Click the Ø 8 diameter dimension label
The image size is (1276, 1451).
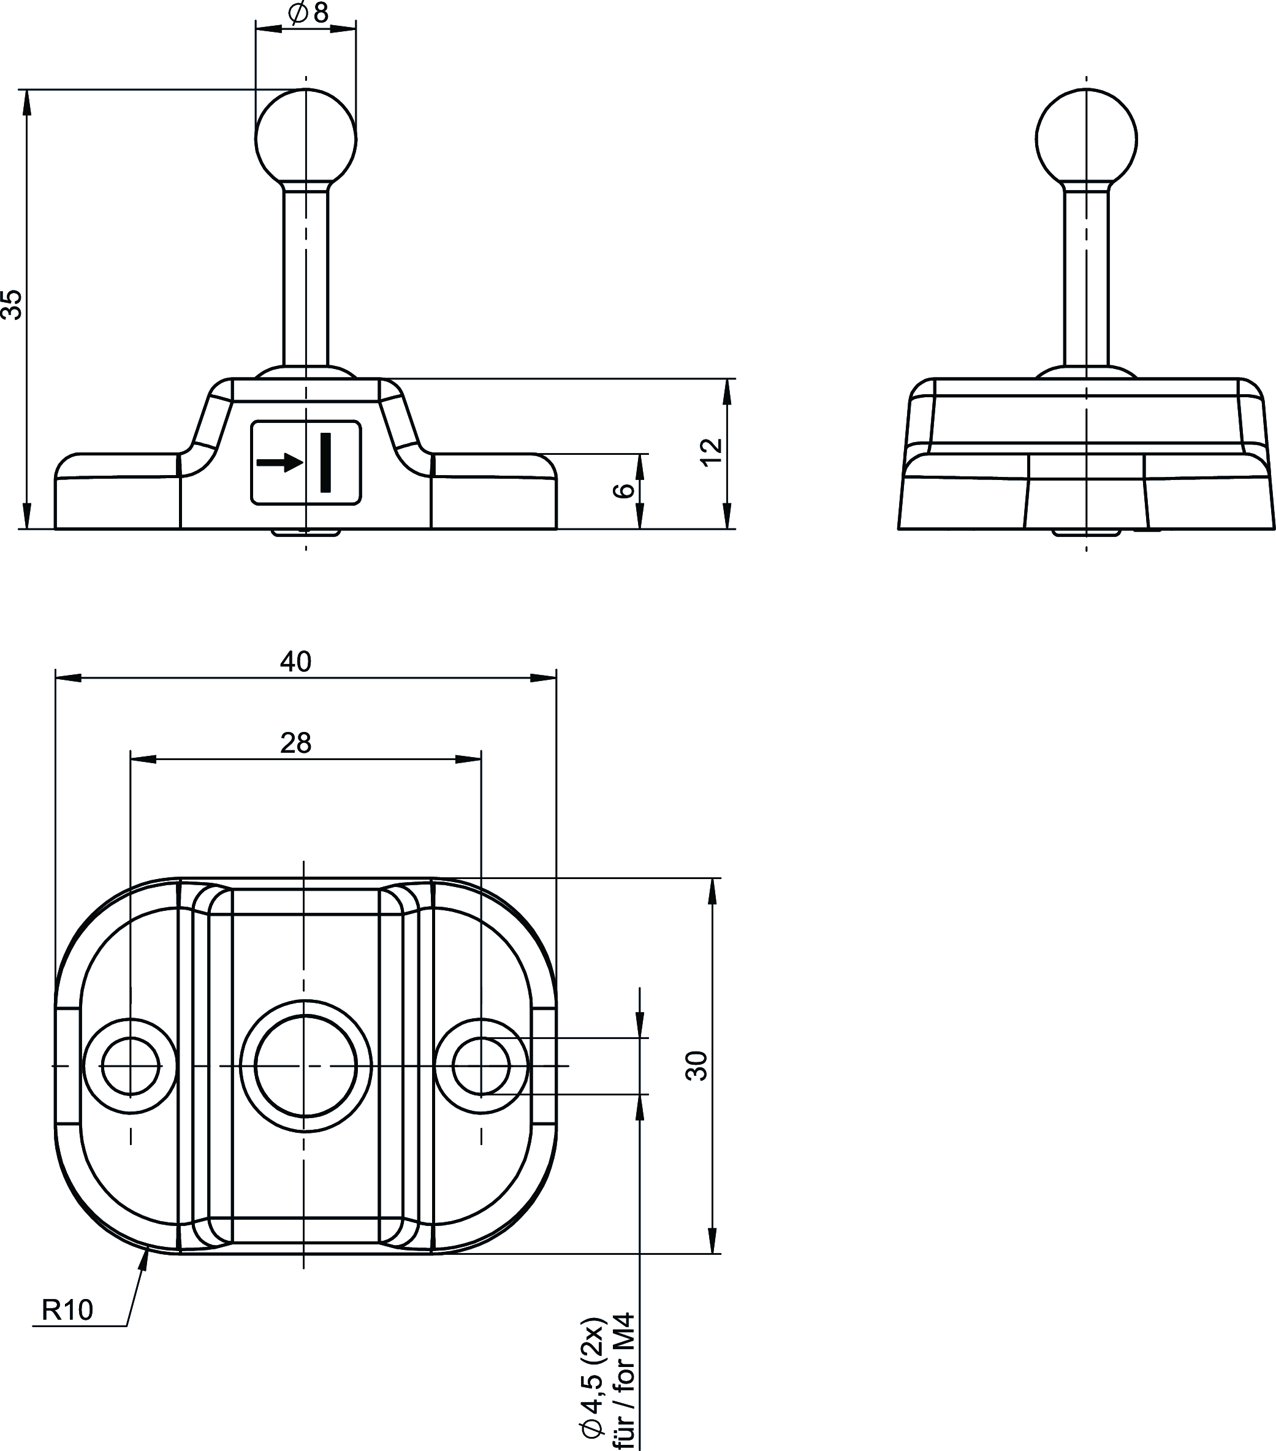[309, 13]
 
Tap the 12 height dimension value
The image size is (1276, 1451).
[711, 452]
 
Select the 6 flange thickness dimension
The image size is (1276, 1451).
[623, 490]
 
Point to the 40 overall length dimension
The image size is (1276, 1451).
[295, 661]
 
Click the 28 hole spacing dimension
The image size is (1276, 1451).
[295, 743]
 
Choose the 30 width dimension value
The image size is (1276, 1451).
[697, 1065]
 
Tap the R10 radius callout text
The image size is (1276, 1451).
[67, 1310]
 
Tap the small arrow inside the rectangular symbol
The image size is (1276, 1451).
[279, 463]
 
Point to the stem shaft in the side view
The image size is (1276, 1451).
[1086, 277]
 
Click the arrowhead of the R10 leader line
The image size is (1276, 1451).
[145, 1259]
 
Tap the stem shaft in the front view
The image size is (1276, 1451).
[306, 277]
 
